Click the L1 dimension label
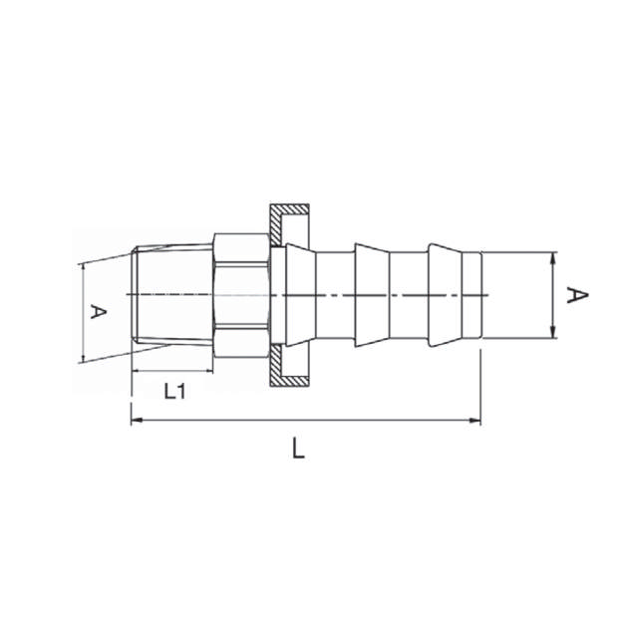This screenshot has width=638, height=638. click(x=175, y=391)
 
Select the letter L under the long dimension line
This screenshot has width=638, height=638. click(x=298, y=450)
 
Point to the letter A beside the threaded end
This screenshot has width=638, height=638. click(x=98, y=312)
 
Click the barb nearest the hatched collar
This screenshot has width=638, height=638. click(x=297, y=295)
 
